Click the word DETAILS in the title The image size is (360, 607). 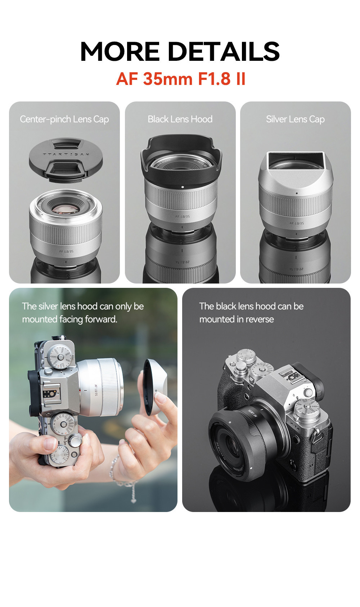(224, 51)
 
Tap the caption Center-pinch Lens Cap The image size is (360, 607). (64, 119)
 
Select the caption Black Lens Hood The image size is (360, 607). (180, 119)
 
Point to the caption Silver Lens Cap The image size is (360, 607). (295, 119)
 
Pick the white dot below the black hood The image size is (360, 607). (183, 187)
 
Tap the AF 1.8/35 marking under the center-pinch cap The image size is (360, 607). (66, 251)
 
